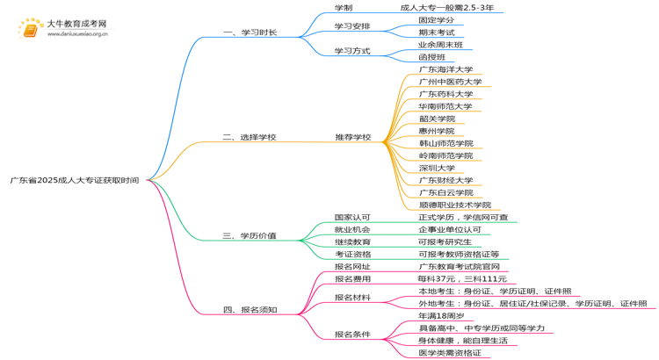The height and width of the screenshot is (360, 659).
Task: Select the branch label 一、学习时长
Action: click(250, 32)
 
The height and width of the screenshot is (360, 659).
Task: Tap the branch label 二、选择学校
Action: click(250, 137)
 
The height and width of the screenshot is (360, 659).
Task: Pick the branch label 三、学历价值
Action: click(250, 235)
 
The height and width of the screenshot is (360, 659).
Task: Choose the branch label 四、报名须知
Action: click(250, 309)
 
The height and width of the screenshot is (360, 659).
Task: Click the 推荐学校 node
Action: click(352, 137)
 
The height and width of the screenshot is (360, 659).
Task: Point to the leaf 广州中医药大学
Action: click(450, 82)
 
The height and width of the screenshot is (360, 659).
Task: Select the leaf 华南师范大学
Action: click(445, 106)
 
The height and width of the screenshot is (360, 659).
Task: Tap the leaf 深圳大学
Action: click(437, 168)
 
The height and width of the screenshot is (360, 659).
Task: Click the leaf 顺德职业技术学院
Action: click(454, 205)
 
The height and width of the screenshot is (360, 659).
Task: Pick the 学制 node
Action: click(344, 7)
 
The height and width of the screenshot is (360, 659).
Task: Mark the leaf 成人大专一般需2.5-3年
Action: click(445, 7)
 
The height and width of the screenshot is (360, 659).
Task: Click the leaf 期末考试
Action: click(437, 32)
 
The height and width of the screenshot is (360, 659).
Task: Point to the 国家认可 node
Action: click(352, 217)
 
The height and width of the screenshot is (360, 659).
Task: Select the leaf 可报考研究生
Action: click(445, 241)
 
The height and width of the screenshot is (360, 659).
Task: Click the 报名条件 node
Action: click(352, 334)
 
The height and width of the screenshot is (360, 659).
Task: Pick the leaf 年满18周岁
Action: click(441, 315)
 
